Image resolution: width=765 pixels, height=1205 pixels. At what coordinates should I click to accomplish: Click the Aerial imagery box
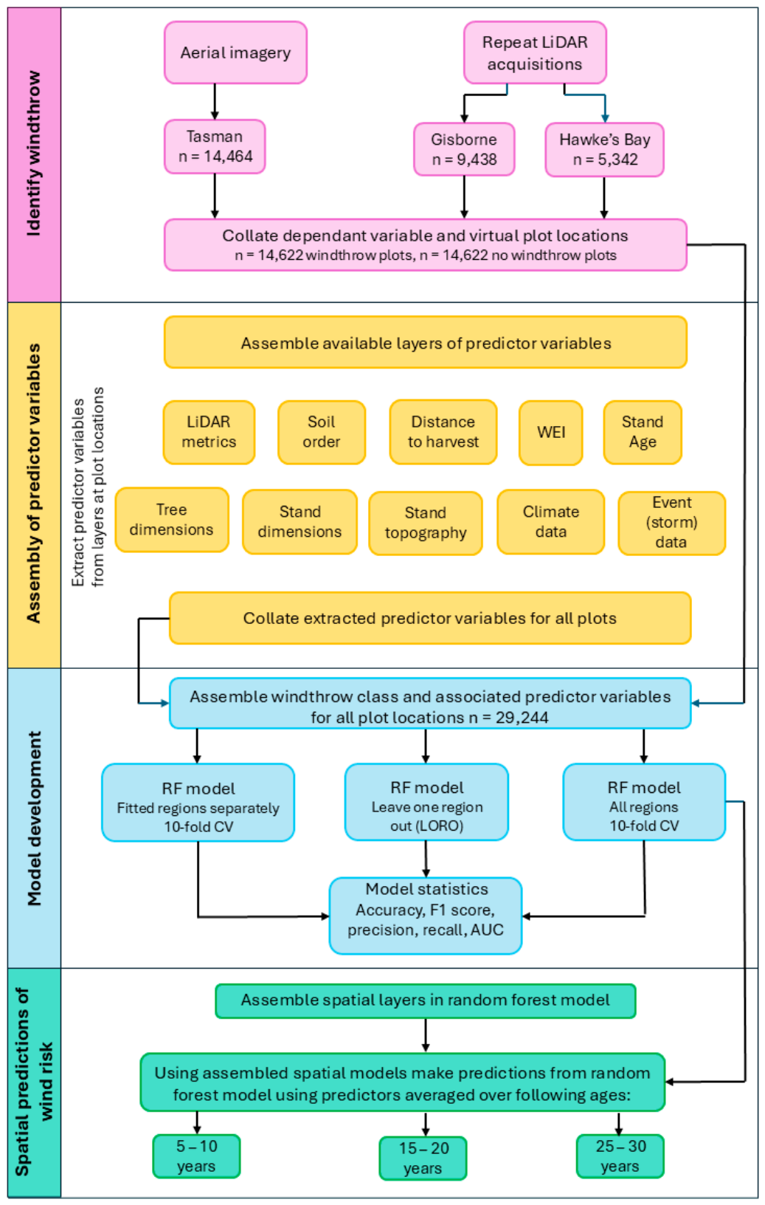pyautogui.click(x=235, y=52)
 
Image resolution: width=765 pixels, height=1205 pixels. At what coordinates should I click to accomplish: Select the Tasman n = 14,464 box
pyautogui.click(x=215, y=146)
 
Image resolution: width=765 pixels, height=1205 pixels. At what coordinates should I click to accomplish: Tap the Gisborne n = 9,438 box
pyautogui.click(x=464, y=149)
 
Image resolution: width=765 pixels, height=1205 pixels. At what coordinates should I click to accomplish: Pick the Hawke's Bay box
pyautogui.click(x=604, y=150)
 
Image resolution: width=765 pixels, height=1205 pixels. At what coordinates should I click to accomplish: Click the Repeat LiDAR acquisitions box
pyautogui.click(x=535, y=52)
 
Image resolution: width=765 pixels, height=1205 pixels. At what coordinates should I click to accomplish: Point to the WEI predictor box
pyautogui.click(x=550, y=433)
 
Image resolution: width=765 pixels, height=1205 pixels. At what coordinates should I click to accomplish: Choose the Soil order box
pyautogui.click(x=322, y=432)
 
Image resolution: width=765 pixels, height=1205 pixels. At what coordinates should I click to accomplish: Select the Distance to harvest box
pyautogui.click(x=443, y=432)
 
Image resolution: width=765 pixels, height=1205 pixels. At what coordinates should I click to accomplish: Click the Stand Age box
pyautogui.click(x=643, y=432)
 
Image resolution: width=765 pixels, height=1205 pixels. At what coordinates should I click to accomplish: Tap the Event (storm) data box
pyautogui.click(x=671, y=522)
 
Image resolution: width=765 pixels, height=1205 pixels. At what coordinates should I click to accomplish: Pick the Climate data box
pyautogui.click(x=550, y=522)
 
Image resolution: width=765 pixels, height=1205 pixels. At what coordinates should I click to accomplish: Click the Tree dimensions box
pyautogui.click(x=171, y=520)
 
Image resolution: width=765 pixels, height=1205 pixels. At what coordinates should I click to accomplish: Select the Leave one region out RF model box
pyautogui.click(x=426, y=802)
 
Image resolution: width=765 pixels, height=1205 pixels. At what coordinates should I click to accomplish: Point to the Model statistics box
pyautogui.click(x=425, y=916)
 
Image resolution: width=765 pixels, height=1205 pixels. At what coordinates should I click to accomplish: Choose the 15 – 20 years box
pyautogui.click(x=423, y=1158)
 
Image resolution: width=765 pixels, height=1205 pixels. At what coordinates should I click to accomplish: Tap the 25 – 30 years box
pyautogui.click(x=620, y=1156)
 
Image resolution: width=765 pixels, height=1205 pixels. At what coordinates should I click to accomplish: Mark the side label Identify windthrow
pyautogui.click(x=33, y=154)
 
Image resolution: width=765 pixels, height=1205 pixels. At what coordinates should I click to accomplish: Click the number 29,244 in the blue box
pyautogui.click(x=522, y=718)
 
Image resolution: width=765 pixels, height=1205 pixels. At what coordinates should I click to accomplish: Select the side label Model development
pyautogui.click(x=34, y=819)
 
